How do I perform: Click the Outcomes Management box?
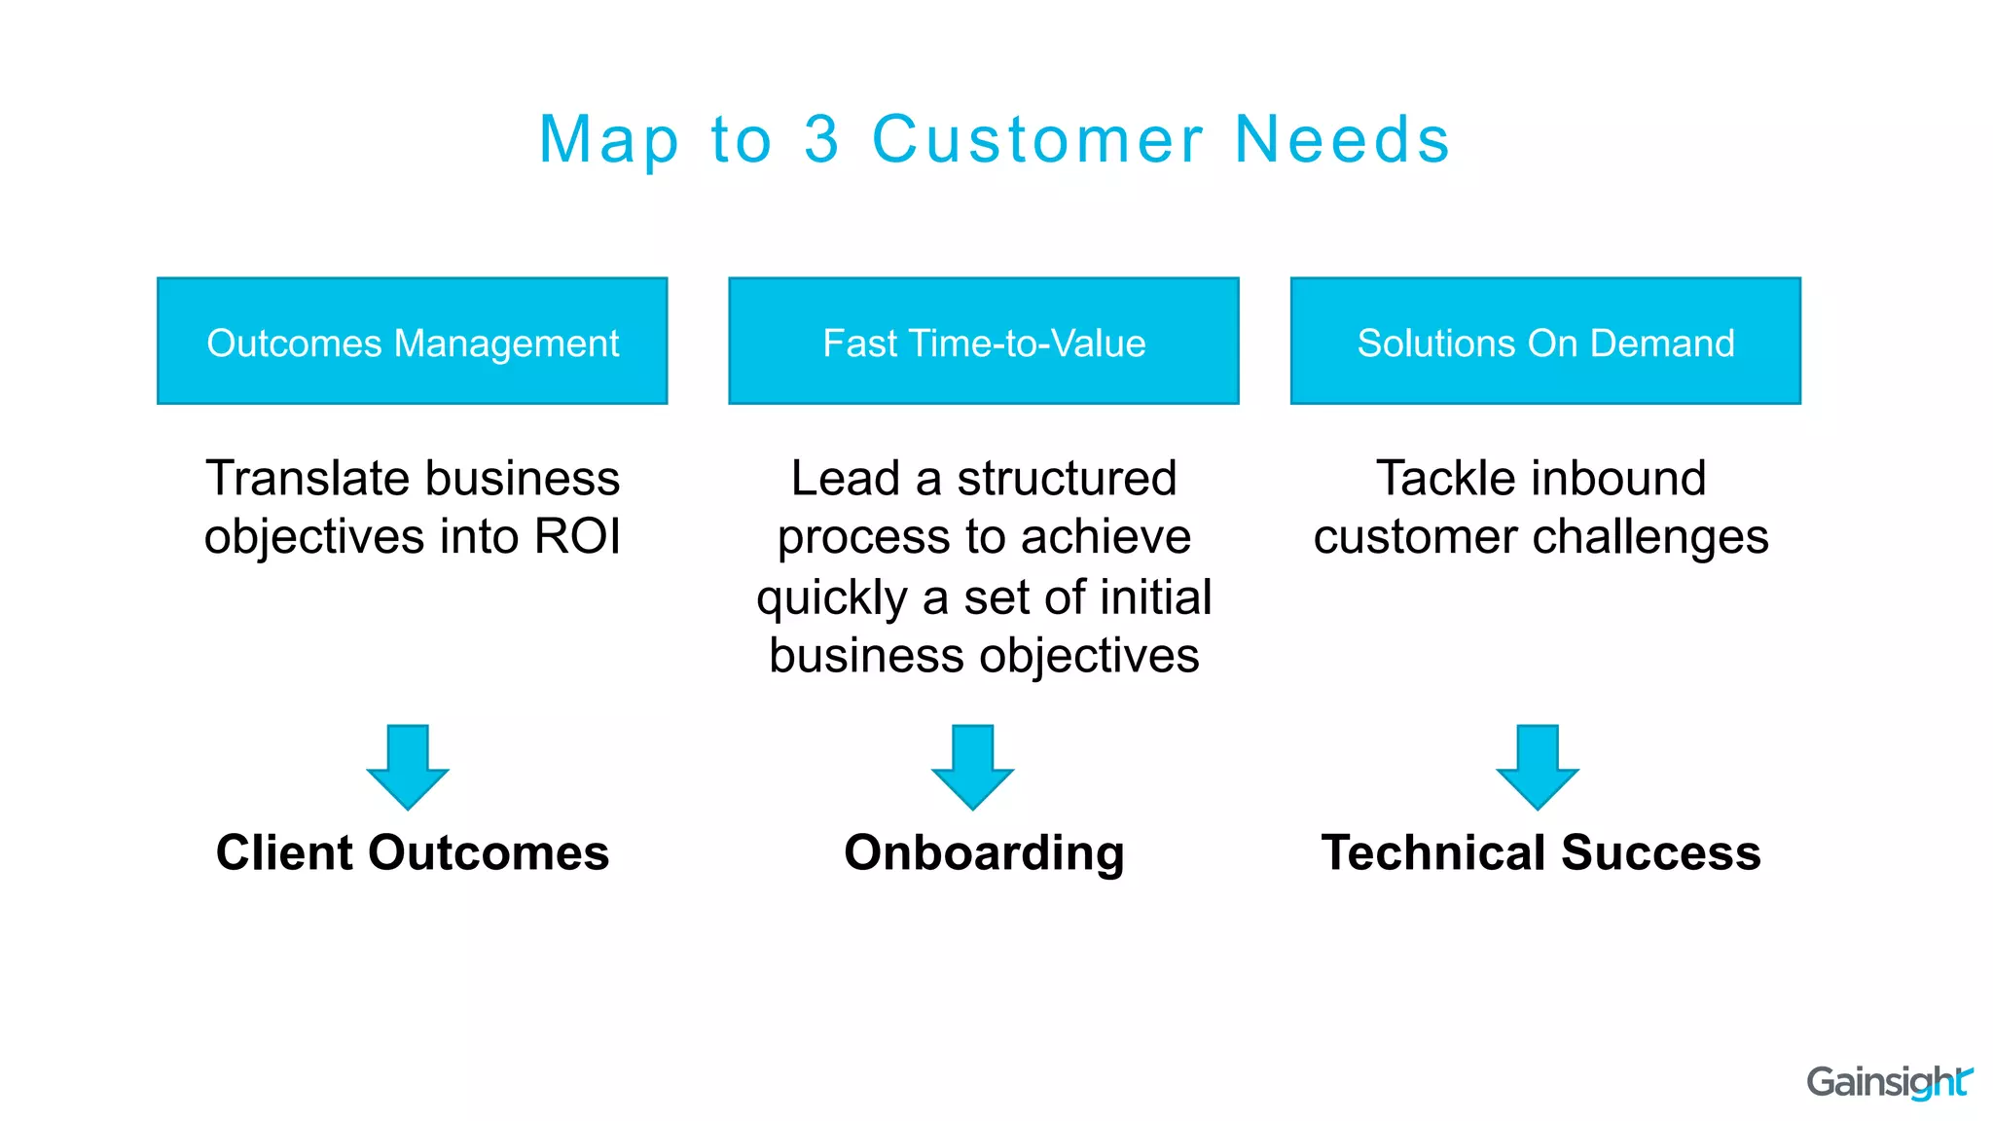[412, 341]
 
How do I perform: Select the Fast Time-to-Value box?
[983, 341]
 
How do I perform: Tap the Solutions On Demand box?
[1545, 341]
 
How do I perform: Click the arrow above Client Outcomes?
[408, 766]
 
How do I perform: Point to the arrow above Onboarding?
[972, 766]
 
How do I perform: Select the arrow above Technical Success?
[1537, 766]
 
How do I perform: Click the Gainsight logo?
[1888, 1082]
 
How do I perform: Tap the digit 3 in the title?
[822, 139]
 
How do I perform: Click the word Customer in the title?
[1037, 139]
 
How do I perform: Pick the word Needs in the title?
[1342, 139]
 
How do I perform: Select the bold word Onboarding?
[984, 853]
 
